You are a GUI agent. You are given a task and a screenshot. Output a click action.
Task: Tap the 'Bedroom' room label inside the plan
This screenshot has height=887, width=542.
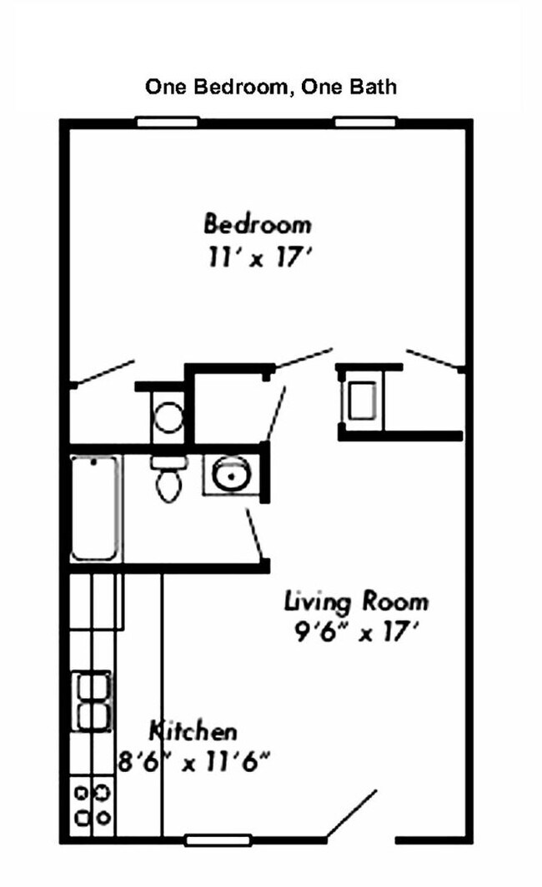tap(258, 224)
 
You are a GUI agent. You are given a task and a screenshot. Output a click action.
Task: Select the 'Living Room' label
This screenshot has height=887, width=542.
tap(356, 600)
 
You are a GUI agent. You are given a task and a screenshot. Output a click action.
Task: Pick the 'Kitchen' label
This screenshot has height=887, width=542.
tap(193, 732)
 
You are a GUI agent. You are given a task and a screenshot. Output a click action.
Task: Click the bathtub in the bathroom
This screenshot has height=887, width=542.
tap(95, 508)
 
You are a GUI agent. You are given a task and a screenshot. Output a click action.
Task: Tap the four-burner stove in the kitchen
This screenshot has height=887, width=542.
tap(92, 805)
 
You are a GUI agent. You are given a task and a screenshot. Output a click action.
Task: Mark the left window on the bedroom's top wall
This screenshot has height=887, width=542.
tap(167, 122)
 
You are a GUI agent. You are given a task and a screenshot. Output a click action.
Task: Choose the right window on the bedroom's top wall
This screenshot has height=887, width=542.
tap(364, 122)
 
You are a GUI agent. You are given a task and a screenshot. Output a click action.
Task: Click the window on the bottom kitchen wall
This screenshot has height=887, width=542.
tap(217, 840)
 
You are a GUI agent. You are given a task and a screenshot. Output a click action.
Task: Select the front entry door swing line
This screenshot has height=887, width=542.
tap(352, 815)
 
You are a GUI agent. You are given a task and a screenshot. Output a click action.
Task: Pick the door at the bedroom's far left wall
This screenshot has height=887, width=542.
tap(103, 373)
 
